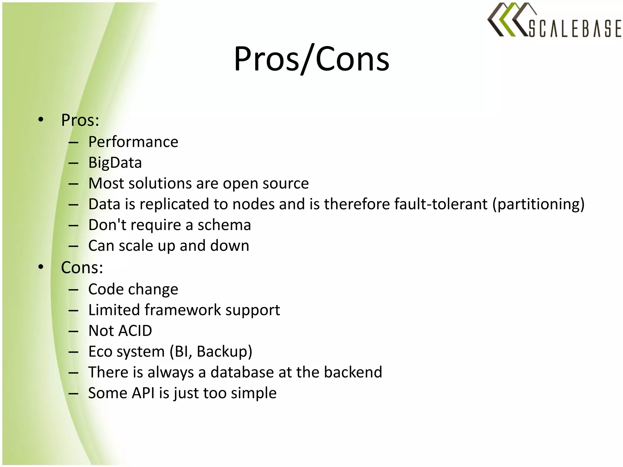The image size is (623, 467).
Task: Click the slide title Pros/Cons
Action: (311, 59)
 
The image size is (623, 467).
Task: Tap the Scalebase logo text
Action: (574, 29)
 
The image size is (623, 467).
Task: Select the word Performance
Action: (133, 142)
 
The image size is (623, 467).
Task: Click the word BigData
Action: (115, 163)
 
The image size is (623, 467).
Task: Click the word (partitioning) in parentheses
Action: (538, 204)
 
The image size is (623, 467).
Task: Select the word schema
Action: (224, 225)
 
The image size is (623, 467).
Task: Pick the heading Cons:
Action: (82, 268)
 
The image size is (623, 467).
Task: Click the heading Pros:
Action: (80, 120)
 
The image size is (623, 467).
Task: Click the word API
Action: (143, 393)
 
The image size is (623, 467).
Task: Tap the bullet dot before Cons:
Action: (41, 267)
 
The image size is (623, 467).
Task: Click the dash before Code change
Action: (73, 290)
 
